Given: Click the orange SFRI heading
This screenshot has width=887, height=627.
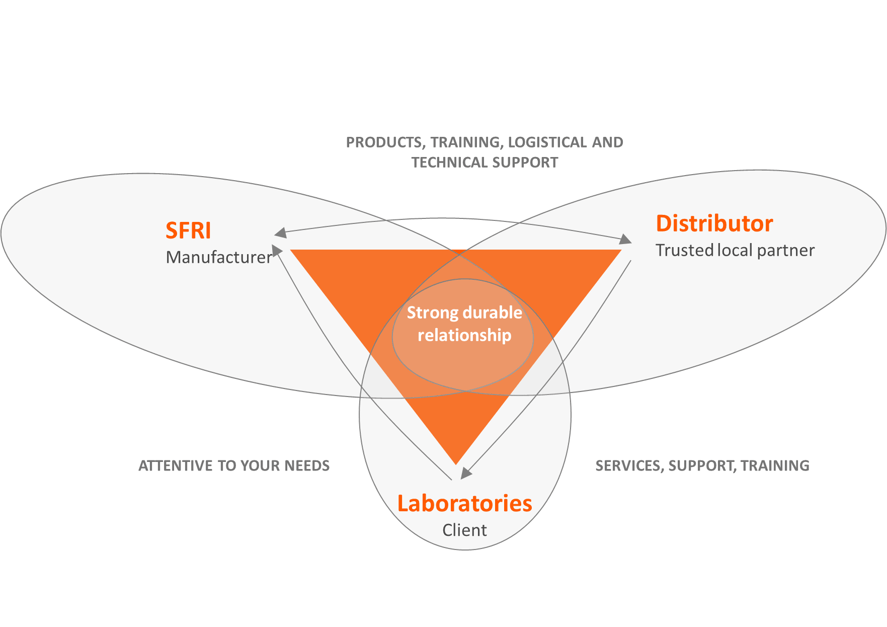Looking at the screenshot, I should tap(188, 231).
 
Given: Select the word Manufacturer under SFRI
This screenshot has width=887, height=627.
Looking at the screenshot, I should tap(219, 258).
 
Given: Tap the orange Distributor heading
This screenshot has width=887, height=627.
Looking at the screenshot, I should tap(714, 224).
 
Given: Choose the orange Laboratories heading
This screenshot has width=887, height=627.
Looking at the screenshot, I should tap(464, 504).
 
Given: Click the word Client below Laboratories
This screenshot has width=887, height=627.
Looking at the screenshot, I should tap(464, 530).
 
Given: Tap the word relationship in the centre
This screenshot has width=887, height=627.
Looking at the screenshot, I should tap(464, 336).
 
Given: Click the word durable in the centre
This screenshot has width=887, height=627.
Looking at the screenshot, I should tap(493, 313).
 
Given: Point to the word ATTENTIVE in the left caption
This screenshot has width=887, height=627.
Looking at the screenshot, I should tap(176, 466).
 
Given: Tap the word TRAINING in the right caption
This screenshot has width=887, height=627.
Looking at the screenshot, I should tap(775, 466).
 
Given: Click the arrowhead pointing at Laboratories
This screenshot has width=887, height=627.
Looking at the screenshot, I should tap(466, 473).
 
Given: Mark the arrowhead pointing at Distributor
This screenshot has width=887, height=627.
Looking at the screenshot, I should tap(625, 240).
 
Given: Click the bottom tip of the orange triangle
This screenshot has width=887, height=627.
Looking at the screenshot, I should tap(456, 463).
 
